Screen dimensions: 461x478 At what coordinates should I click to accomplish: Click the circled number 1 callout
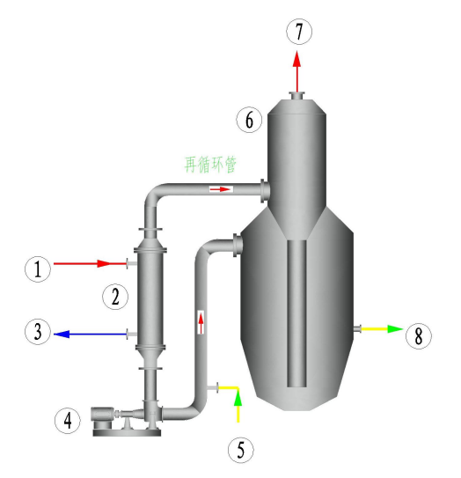[x=38, y=269]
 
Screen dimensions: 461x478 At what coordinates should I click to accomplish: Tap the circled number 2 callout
[x=115, y=297]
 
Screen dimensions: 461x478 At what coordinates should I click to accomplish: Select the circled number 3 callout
[x=38, y=332]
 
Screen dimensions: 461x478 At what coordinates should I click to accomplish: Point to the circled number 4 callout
[x=68, y=421]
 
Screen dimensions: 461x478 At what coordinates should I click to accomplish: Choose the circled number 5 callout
[x=241, y=450]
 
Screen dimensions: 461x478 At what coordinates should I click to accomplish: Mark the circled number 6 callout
[x=249, y=120]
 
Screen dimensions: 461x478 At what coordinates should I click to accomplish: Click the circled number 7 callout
[x=299, y=32]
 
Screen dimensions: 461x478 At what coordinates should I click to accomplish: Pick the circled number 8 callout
[x=419, y=336]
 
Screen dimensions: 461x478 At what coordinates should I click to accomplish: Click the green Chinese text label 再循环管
[x=210, y=165]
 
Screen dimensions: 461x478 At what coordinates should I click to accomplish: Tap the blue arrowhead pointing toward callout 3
[x=62, y=335]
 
